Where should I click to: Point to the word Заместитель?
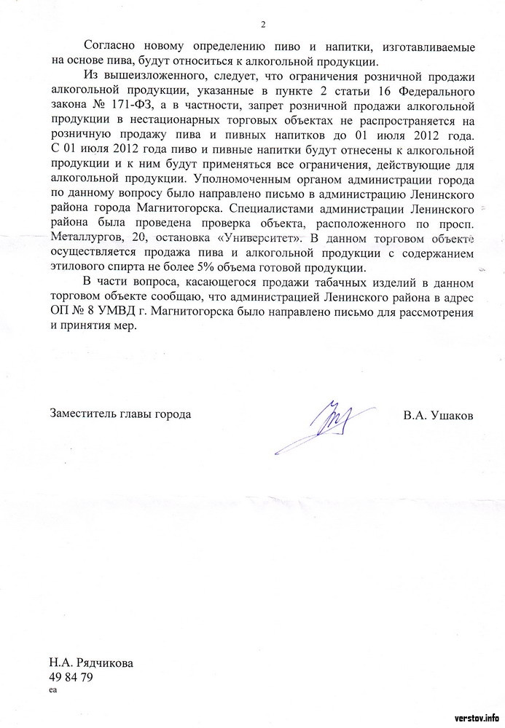point(82,416)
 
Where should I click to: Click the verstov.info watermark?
point(477,716)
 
